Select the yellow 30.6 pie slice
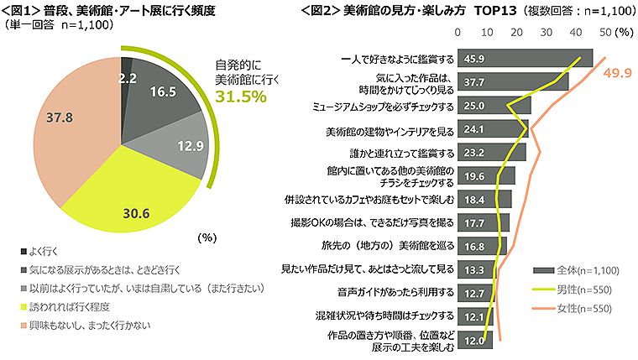pyautogui.click(x=139, y=206)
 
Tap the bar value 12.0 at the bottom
pyautogui.click(x=475, y=340)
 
